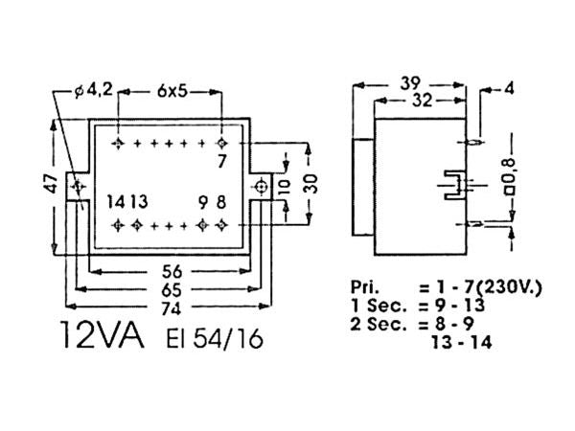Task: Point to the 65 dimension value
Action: point(171,288)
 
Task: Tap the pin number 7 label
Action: point(222,161)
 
